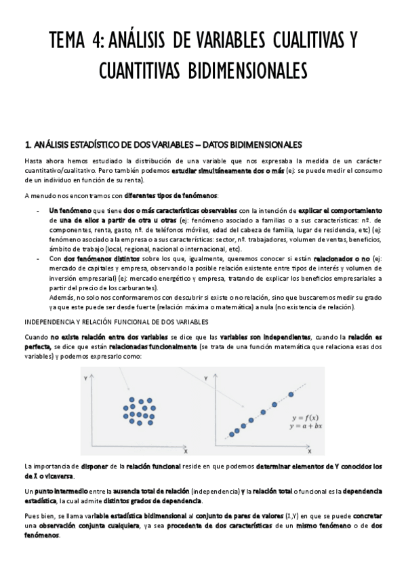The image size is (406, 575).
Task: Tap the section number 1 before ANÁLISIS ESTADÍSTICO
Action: (x=26, y=145)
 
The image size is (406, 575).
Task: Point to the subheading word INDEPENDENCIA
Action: (x=52, y=321)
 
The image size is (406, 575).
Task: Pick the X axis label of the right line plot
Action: (x=309, y=450)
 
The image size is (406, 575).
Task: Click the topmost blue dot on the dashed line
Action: (x=291, y=394)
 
